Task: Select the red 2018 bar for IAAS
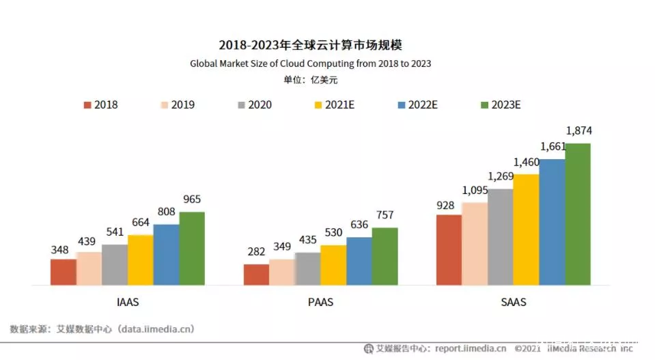click(63, 272)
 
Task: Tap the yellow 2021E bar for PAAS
click(333, 265)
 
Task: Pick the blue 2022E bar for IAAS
click(166, 254)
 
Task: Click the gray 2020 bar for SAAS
click(500, 236)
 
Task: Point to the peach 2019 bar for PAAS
click(281, 272)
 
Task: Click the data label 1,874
click(578, 130)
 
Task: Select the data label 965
click(192, 199)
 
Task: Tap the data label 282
click(256, 252)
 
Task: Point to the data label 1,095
click(475, 190)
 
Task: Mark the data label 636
click(359, 225)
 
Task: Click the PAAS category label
click(320, 301)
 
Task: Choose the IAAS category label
click(128, 301)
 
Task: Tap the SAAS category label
click(513, 301)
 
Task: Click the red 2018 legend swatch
click(87, 105)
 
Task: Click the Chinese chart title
click(310, 45)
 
